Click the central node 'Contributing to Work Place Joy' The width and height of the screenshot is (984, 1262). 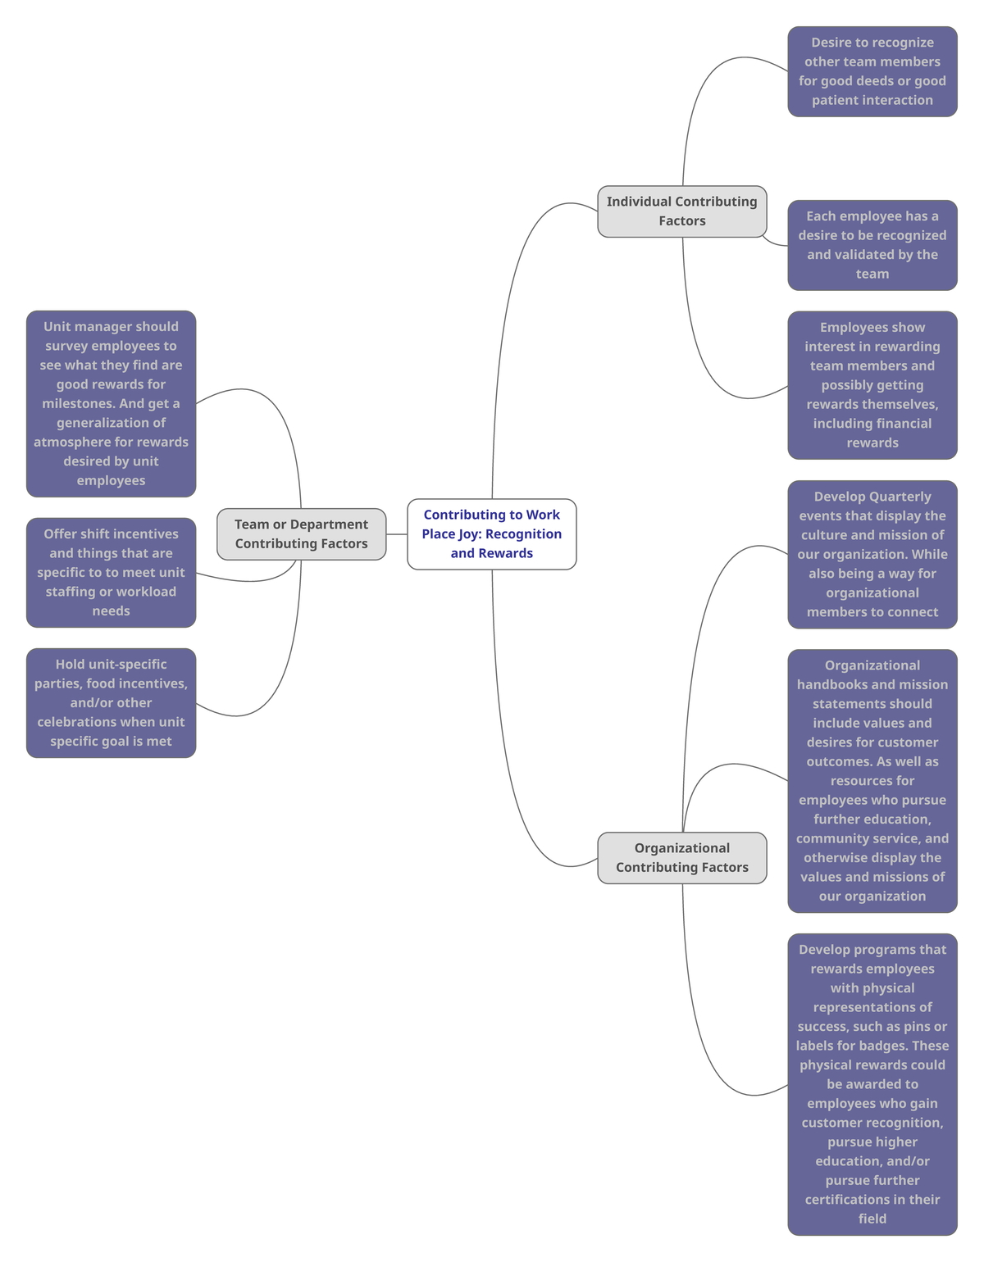(x=492, y=533)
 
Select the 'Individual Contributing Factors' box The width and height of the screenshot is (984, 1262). (x=681, y=211)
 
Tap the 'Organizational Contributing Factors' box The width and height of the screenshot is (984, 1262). (x=681, y=858)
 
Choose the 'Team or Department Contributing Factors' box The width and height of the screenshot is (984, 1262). (x=301, y=534)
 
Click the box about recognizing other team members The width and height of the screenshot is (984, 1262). (x=872, y=71)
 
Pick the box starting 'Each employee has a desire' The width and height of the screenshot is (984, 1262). (x=872, y=245)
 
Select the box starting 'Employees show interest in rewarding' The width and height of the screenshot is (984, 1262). (x=872, y=385)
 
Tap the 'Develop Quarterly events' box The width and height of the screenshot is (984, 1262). (x=872, y=555)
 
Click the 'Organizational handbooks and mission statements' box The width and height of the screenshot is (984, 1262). (x=872, y=781)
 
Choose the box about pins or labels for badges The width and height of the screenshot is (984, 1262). (x=872, y=1084)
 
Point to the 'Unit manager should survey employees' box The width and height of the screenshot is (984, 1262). (x=111, y=403)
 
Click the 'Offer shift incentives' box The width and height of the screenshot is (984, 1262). (x=111, y=573)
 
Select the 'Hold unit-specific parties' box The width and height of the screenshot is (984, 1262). (x=111, y=703)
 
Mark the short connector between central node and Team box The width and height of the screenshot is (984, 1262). (x=397, y=534)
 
